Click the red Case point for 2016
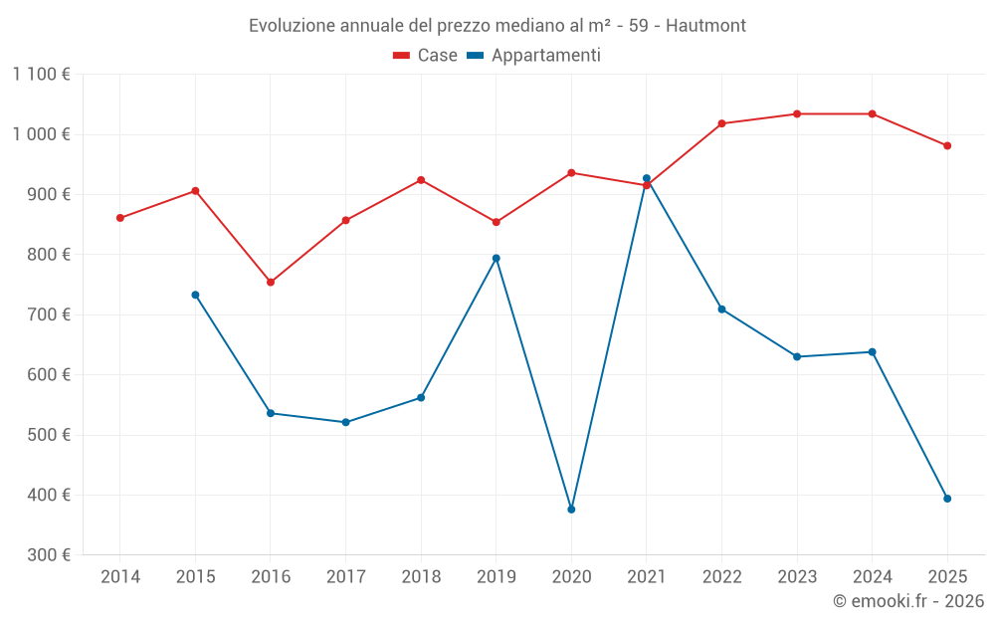271,282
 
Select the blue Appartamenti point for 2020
571,510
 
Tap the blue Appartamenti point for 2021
647,178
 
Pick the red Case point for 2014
120,218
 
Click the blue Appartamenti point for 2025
947,499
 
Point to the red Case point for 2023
797,113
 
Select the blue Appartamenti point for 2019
497,258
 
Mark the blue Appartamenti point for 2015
195,295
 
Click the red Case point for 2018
421,180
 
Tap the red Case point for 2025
947,145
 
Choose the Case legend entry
426,56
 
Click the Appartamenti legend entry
534,56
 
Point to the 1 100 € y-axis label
42,74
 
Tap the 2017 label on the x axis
345,576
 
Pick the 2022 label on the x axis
721,576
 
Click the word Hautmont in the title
705,25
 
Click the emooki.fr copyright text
907,601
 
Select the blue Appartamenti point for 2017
345,422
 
